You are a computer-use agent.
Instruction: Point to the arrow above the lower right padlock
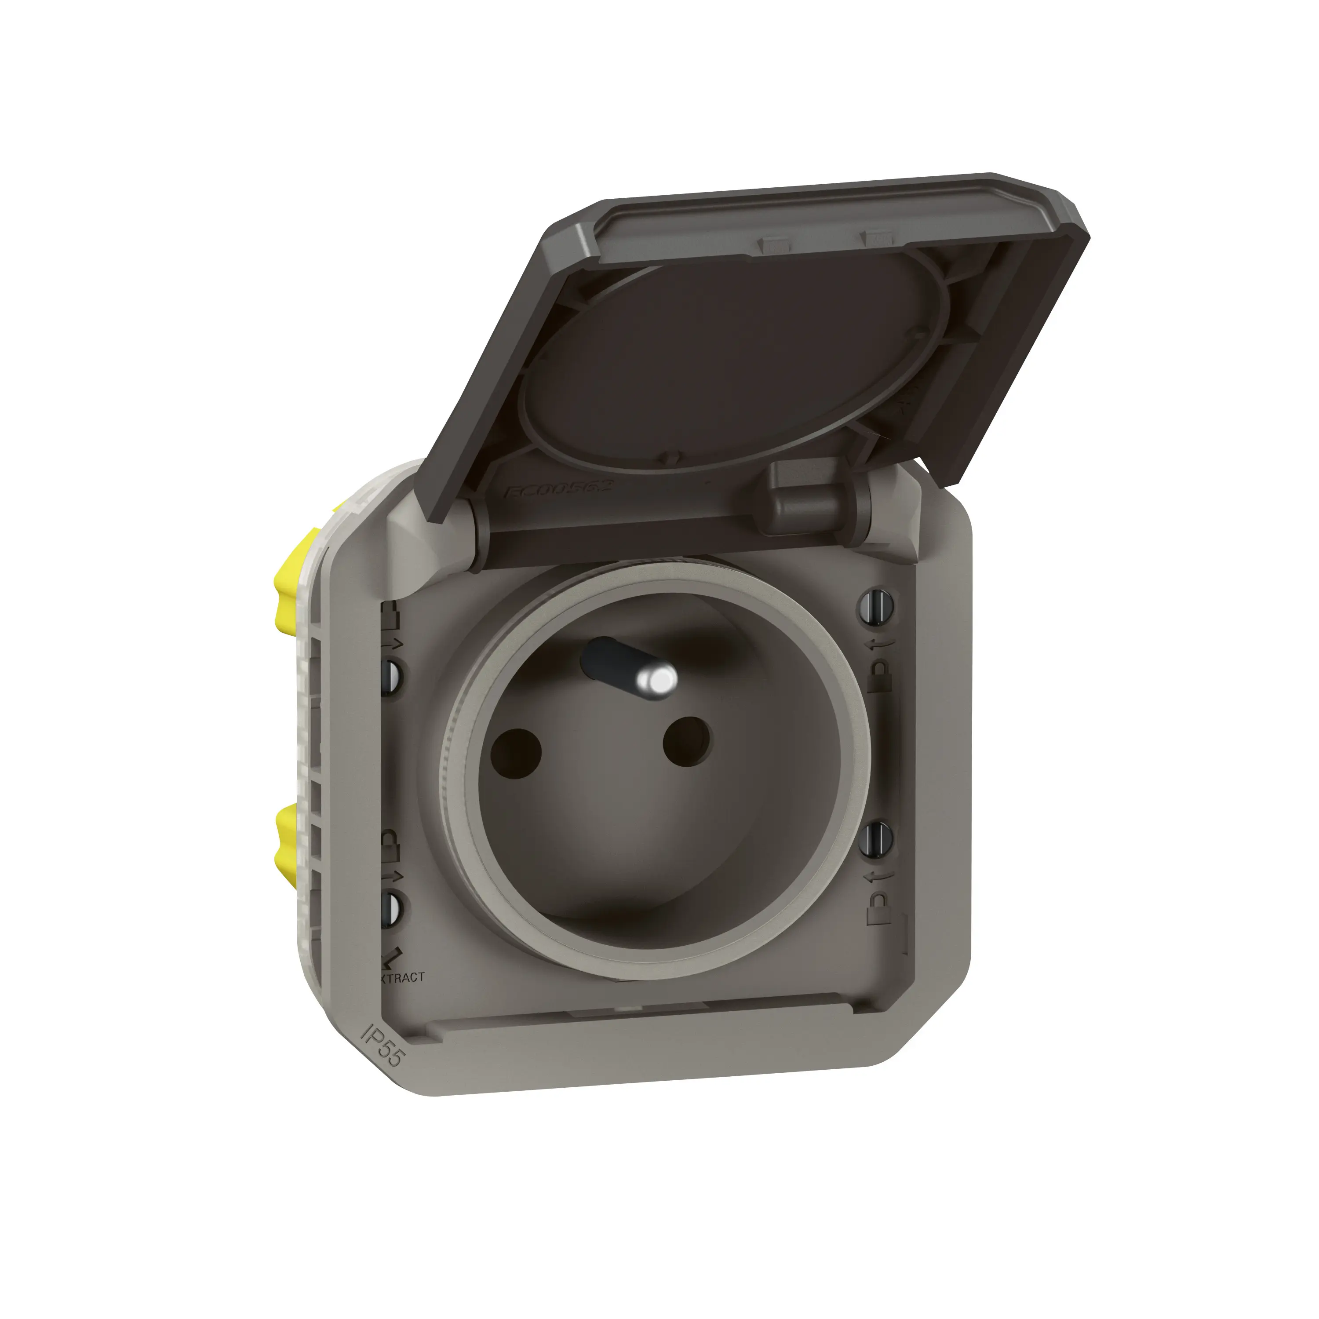(878, 876)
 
